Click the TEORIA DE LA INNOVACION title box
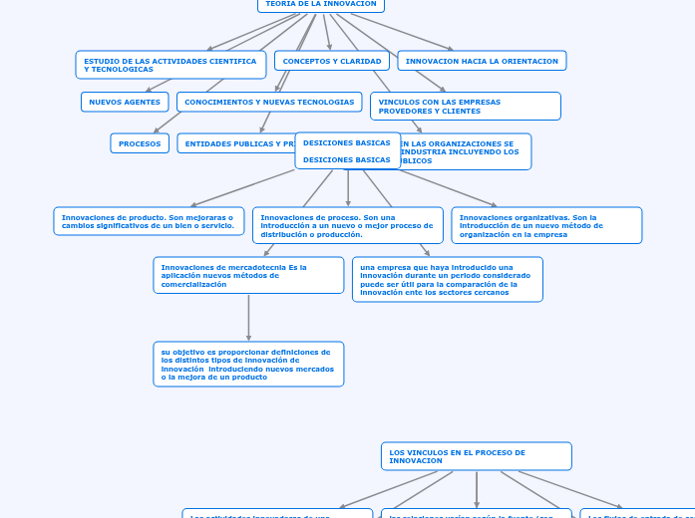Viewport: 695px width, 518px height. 320,5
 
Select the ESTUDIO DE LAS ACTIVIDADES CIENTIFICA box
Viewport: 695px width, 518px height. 171,65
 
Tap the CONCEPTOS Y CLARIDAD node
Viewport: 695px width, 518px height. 332,61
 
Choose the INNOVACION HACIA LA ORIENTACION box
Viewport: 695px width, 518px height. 482,61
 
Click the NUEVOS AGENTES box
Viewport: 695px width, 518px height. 125,102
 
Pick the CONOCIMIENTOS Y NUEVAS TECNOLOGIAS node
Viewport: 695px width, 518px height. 269,102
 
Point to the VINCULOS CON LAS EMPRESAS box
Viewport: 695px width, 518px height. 465,106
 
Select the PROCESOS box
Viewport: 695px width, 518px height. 140,143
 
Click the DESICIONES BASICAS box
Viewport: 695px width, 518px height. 347,150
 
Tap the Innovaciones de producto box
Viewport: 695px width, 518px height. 149,221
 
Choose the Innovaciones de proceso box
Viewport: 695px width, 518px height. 347,225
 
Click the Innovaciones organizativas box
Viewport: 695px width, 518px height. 546,225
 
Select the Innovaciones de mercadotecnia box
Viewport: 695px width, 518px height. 248,275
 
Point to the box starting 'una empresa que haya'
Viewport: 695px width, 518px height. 447,279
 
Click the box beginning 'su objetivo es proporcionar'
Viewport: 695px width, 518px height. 248,365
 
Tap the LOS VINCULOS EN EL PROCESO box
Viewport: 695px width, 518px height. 476,456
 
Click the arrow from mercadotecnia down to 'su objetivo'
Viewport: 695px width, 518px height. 248,318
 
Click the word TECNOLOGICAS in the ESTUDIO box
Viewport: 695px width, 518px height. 119,70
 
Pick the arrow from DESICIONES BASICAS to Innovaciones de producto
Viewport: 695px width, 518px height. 243,188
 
